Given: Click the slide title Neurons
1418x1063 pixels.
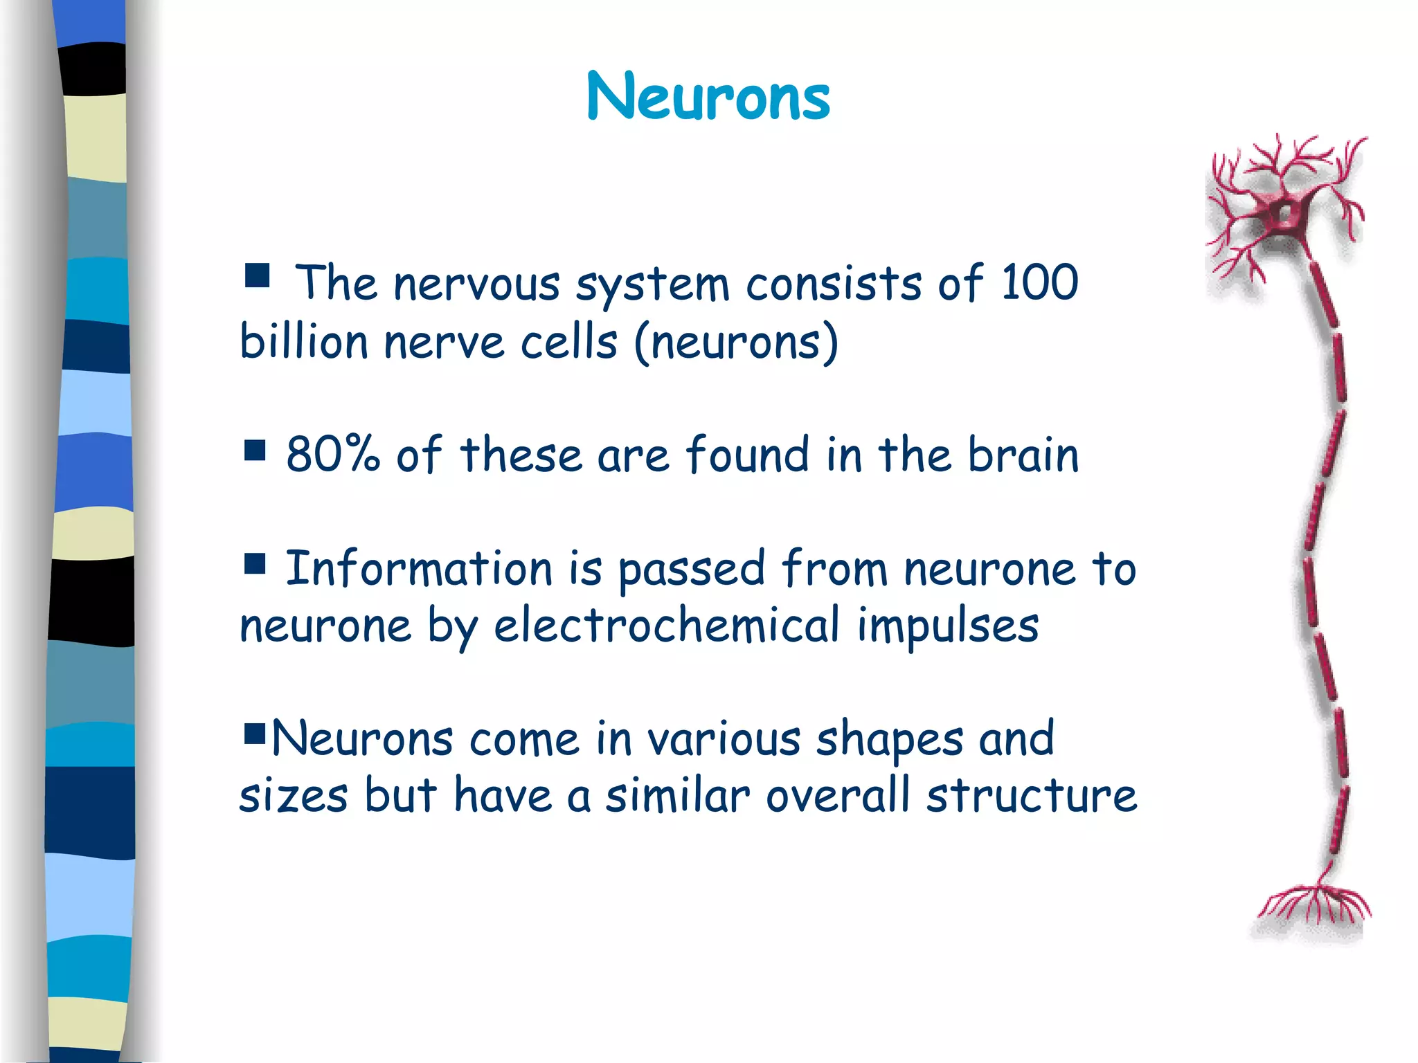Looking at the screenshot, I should coord(708,97).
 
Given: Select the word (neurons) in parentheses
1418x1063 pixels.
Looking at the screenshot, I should coord(735,342).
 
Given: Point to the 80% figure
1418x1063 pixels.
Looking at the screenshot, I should coord(333,455).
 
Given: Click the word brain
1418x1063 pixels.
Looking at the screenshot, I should coord(1023,455).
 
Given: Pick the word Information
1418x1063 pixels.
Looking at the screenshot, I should coord(419,568).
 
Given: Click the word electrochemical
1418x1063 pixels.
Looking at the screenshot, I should coord(667,625).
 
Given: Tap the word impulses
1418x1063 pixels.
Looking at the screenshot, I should coord(948,625).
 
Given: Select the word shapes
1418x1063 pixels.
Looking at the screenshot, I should coord(890,739).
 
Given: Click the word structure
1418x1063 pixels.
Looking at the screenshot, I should coord(1032,795).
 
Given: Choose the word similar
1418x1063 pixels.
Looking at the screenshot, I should coord(678,795).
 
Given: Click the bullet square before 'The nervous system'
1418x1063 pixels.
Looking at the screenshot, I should coord(257,275).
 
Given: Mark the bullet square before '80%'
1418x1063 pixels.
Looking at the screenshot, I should coord(255,451).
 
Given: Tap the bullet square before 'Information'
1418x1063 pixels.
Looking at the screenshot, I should coord(255,564).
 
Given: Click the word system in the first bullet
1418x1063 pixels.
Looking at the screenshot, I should coord(652,284).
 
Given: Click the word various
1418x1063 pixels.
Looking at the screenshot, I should coord(724,739).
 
